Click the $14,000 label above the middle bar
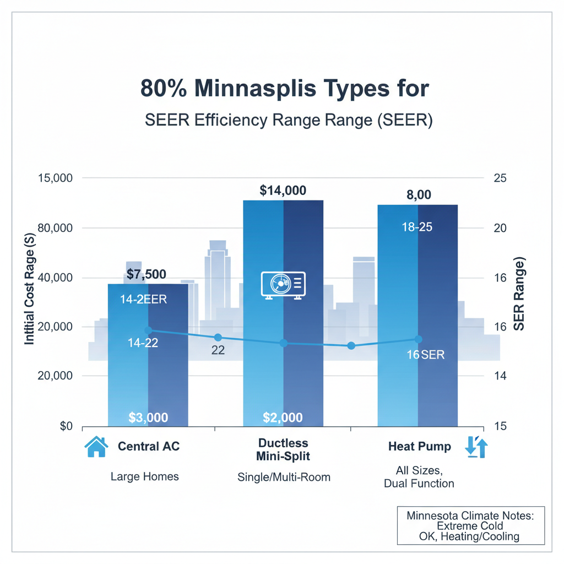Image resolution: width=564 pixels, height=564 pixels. pyautogui.click(x=283, y=191)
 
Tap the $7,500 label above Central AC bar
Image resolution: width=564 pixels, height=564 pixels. pyautogui.click(x=146, y=274)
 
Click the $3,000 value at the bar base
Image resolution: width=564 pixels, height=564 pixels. pyautogui.click(x=148, y=417)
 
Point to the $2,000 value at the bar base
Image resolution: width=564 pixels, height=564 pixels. pyautogui.click(x=283, y=417)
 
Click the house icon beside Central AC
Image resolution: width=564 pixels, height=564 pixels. pyautogui.click(x=95, y=447)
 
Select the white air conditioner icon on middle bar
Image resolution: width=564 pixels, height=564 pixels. pyautogui.click(x=283, y=285)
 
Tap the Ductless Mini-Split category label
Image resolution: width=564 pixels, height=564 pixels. pyautogui.click(x=283, y=449)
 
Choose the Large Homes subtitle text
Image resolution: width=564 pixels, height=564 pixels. pyautogui.click(x=145, y=476)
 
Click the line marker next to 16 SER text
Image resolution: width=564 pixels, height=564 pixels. pyautogui.click(x=417, y=339)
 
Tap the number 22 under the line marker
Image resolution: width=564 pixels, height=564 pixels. pyautogui.click(x=218, y=350)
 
